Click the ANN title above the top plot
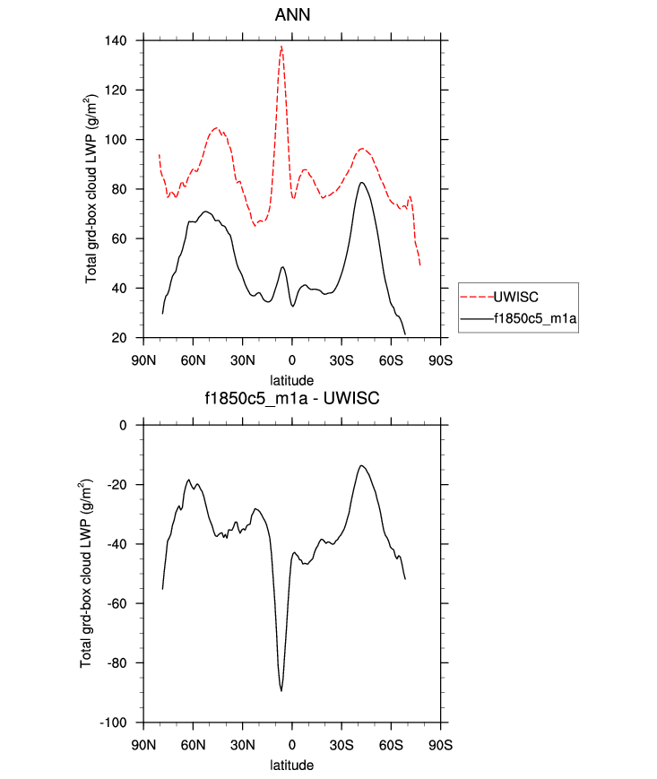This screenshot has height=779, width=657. [x=291, y=15]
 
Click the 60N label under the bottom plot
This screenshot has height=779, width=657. [x=193, y=744]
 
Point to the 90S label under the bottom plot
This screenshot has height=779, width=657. [x=439, y=744]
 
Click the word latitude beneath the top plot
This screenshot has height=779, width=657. [x=291, y=380]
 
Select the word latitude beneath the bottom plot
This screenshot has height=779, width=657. [x=291, y=766]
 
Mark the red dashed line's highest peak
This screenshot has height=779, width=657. [x=281, y=47]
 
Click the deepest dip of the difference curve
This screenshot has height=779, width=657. [x=281, y=690]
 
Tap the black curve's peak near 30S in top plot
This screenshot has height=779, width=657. [x=361, y=183]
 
